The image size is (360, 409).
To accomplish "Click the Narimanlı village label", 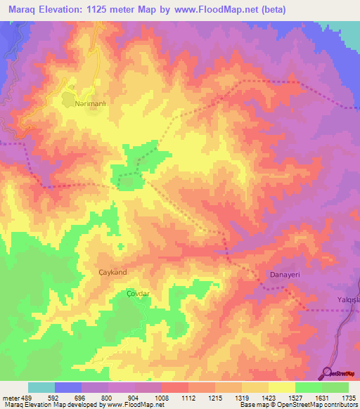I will tap(90, 103).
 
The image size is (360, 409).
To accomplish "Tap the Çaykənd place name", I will tap(112, 271).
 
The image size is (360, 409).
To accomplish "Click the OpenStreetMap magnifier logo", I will tap(328, 373).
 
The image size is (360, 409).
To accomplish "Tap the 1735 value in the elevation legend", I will tap(349, 397).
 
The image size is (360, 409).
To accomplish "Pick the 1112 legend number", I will tap(188, 397).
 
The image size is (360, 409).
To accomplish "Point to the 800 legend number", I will tap(108, 397).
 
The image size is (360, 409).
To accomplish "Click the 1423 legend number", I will tap(268, 397).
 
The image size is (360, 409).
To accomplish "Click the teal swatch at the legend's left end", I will tap(41, 387).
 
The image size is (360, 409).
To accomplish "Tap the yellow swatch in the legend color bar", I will tap(282, 387).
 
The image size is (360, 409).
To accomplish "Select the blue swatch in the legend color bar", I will tap(68, 387).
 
